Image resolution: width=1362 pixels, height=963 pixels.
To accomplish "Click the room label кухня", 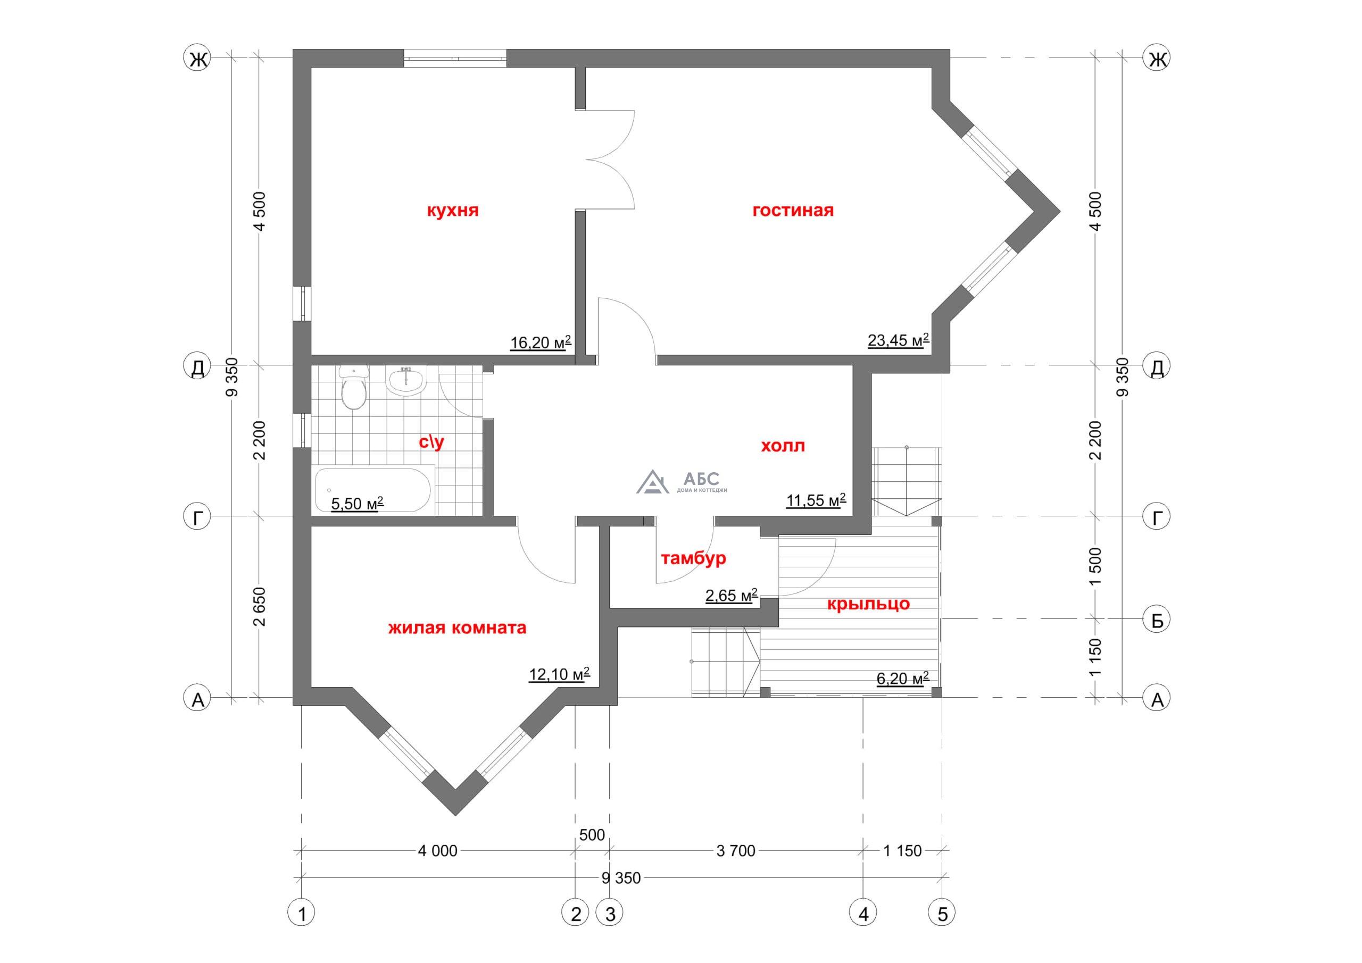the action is [x=453, y=211].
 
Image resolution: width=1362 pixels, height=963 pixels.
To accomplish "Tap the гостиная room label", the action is [x=793, y=211].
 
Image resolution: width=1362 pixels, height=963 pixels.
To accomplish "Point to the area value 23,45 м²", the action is [x=898, y=340].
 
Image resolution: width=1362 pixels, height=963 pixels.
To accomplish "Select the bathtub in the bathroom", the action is [x=372, y=490].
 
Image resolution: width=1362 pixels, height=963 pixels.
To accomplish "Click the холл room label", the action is [x=783, y=446].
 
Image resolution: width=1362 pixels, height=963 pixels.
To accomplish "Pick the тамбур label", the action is [x=693, y=558].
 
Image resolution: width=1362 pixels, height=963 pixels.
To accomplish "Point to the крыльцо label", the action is [x=868, y=604].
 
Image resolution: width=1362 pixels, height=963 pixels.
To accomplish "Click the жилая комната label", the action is [x=458, y=628].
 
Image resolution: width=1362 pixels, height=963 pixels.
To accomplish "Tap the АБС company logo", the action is [x=682, y=482].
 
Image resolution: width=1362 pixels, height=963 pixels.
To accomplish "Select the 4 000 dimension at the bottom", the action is [x=438, y=851].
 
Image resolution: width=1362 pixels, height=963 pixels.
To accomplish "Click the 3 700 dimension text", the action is [x=736, y=851].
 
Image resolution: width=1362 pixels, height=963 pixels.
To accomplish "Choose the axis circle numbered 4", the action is [x=863, y=915].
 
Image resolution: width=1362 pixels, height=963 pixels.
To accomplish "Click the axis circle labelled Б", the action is [x=1157, y=620].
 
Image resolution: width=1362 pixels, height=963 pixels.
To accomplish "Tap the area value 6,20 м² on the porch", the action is [x=902, y=679].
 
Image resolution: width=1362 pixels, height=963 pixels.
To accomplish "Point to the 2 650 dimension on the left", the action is [x=260, y=607].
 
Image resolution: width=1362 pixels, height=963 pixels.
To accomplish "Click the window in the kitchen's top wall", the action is [x=455, y=58].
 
